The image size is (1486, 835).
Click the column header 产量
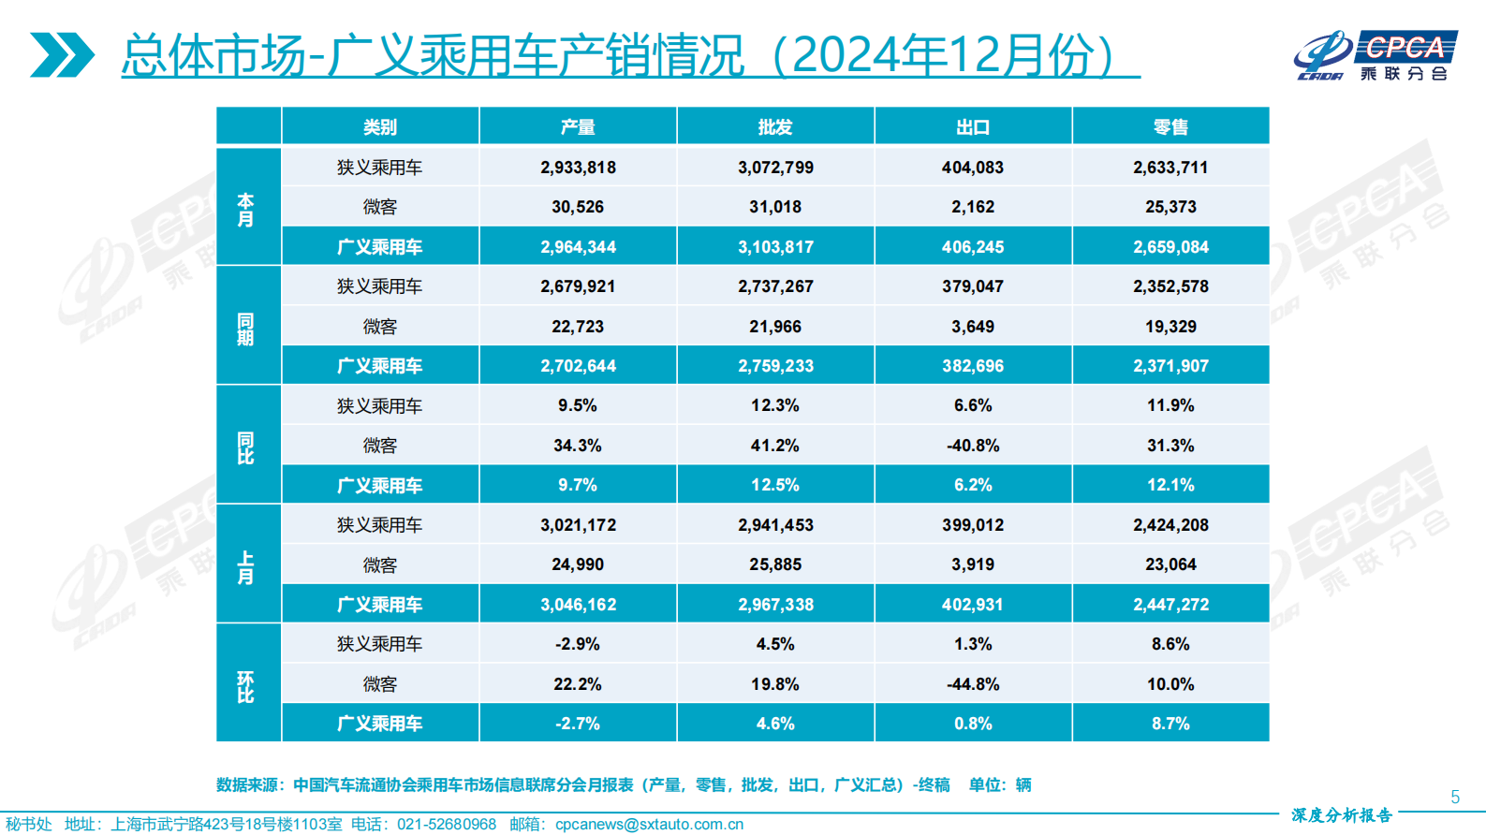pyautogui.click(x=578, y=127)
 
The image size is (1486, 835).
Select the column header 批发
pyautogui.click(x=775, y=127)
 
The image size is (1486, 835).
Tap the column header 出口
pyautogui.click(x=973, y=127)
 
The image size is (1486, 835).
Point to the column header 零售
pyautogui.click(x=1170, y=127)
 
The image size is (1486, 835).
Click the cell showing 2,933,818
pyautogui.click(x=578, y=168)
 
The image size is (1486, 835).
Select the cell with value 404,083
pyautogui.click(x=973, y=168)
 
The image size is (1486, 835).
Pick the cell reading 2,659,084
pyautogui.click(x=1170, y=247)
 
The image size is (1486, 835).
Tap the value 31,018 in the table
pyautogui.click(x=775, y=207)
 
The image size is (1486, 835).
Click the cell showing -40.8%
pyautogui.click(x=973, y=446)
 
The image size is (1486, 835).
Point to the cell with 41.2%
pyautogui.click(x=775, y=446)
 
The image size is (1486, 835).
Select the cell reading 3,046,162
pyautogui.click(x=578, y=605)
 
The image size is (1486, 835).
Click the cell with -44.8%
pyautogui.click(x=973, y=684)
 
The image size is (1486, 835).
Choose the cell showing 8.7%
pyautogui.click(x=1170, y=724)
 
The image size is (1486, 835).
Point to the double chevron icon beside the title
pyautogui.click(x=62, y=55)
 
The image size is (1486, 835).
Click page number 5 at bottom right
pyautogui.click(x=1454, y=797)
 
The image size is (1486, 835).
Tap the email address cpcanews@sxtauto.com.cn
pyautogui.click(x=649, y=824)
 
